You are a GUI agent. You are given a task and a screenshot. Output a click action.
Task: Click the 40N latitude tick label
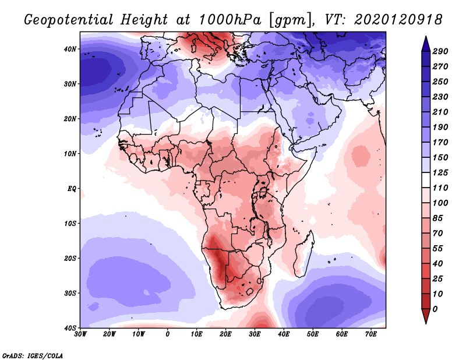[x=69, y=49]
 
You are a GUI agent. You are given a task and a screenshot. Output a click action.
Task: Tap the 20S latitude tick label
[x=69, y=258]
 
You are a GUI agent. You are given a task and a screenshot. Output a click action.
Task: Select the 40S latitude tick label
[x=69, y=328]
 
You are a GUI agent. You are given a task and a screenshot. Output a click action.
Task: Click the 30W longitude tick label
[x=80, y=334]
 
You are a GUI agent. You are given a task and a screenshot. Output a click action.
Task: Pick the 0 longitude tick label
[x=168, y=334]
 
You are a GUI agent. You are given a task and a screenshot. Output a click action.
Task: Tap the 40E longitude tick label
[x=284, y=334]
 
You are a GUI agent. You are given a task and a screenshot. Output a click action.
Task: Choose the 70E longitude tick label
[x=371, y=334]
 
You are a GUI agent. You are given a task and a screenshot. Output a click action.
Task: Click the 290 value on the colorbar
[x=440, y=52]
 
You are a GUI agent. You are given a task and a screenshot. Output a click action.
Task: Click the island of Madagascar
[x=306, y=253]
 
